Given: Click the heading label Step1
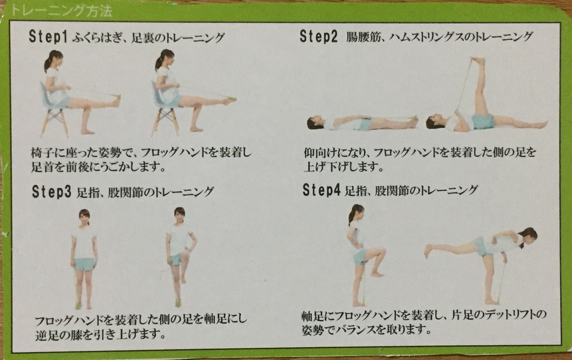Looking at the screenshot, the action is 48,37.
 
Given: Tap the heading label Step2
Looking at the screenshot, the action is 319,36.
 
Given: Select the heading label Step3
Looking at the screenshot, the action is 52,191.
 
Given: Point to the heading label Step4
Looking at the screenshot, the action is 322,190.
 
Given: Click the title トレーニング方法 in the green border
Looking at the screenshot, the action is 61,11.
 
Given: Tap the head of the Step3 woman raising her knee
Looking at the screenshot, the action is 179,215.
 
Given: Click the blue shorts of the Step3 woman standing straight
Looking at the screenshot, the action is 84,264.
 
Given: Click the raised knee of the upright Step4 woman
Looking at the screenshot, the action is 382,251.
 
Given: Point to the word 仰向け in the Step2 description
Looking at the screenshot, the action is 320,153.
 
